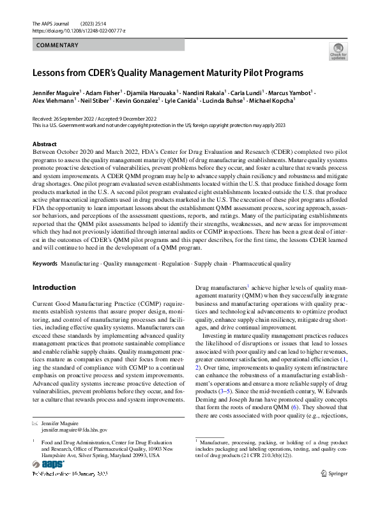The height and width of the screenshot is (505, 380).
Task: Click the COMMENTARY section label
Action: pos(57,45)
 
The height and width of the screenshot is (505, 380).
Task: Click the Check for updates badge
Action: pos(338,50)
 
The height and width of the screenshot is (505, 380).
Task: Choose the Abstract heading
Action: pos(44,144)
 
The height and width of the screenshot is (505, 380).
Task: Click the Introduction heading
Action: pos(54,287)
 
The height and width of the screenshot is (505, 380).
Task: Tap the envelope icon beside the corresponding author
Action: pos(35,424)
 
